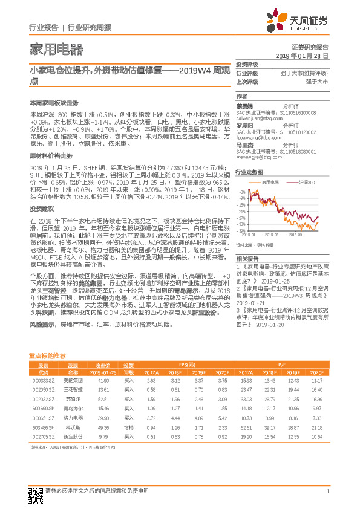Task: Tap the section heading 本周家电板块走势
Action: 54,103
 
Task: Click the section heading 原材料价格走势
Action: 50,155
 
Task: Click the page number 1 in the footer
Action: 327,491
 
